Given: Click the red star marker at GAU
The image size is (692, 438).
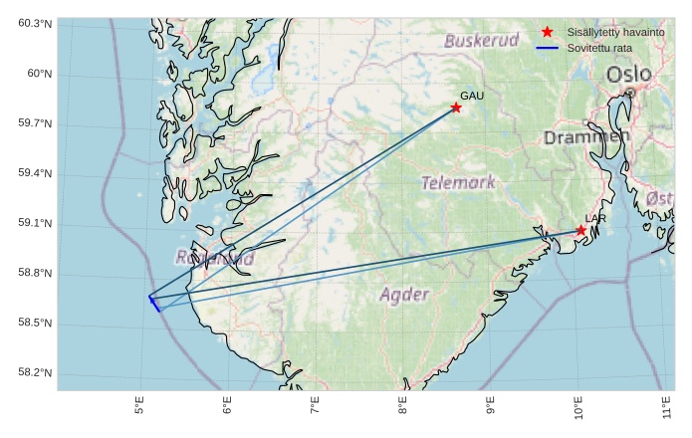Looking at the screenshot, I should pyautogui.click(x=456, y=108).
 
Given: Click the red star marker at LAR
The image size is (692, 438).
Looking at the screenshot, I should pyautogui.click(x=580, y=231).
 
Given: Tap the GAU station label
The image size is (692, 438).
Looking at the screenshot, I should pyautogui.click(x=471, y=96).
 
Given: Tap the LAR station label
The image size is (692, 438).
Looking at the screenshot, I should pyautogui.click(x=595, y=219).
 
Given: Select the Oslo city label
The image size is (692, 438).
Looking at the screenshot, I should pyautogui.click(x=628, y=75).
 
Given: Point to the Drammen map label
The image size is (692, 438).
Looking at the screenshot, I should pyautogui.click(x=586, y=137).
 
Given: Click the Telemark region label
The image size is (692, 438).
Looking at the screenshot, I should pyautogui.click(x=458, y=183).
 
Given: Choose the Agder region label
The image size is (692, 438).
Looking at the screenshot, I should pyautogui.click(x=404, y=295).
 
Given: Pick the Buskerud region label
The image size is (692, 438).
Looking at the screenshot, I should pyautogui.click(x=482, y=41).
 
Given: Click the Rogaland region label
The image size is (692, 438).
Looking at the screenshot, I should pyautogui.click(x=214, y=258).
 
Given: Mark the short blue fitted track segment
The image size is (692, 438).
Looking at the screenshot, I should pyautogui.click(x=154, y=303).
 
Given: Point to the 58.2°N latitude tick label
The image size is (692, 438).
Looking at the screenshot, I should pyautogui.click(x=35, y=373).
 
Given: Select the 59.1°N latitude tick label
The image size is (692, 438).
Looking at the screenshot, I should pyautogui.click(x=35, y=224).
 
